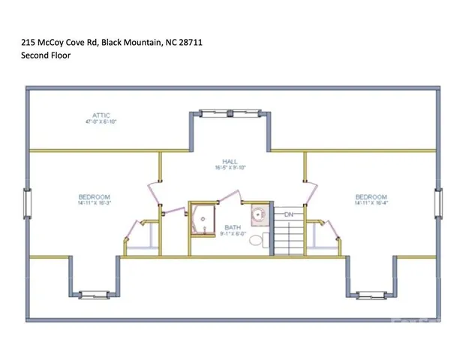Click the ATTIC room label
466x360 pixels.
click(101, 115)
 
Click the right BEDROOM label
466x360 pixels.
click(371, 197)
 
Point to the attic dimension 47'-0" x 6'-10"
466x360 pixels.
click(101, 121)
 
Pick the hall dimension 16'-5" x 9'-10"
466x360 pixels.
click(230, 167)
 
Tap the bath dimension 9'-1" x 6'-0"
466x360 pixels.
click(233, 233)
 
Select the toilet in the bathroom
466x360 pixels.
click(256, 240)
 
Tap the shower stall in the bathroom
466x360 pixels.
click(202, 219)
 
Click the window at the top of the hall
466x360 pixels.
click(229, 113)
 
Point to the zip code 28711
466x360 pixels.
click(190, 43)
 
